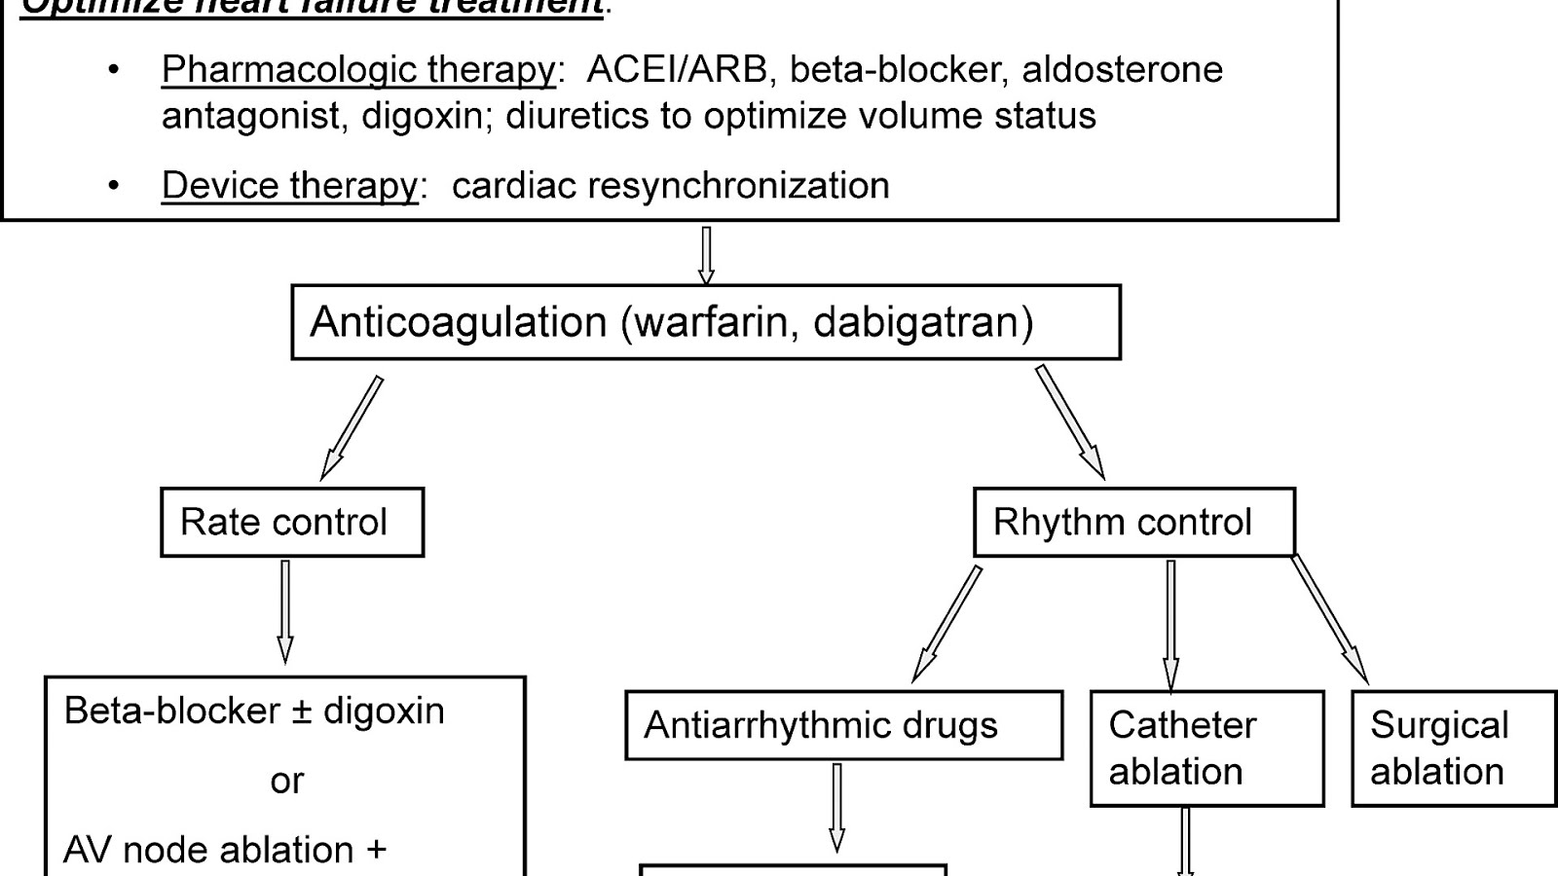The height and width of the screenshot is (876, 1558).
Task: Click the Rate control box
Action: click(292, 523)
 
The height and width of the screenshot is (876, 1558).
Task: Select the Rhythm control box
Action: click(1133, 523)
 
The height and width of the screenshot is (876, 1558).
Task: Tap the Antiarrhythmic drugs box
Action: click(843, 726)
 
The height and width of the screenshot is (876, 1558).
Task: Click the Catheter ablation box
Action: click(1206, 748)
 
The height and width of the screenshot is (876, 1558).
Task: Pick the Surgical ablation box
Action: click(1453, 748)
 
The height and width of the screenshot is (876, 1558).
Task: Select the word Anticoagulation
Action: click(458, 322)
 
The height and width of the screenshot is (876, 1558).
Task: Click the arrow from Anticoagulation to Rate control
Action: click(352, 428)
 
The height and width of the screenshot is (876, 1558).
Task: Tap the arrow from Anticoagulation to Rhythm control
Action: click(1069, 421)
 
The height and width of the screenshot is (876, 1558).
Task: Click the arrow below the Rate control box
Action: click(285, 611)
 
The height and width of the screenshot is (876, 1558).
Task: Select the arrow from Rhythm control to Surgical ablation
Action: click(1330, 619)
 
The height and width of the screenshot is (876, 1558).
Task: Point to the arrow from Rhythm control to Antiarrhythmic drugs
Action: click(946, 624)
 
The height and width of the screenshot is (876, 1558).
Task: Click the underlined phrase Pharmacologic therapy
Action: click(358, 70)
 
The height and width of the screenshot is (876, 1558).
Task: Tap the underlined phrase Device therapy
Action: click(289, 186)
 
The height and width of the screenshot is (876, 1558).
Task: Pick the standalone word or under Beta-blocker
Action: click(286, 781)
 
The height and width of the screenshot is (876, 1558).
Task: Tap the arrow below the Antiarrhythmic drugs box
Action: click(836, 807)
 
